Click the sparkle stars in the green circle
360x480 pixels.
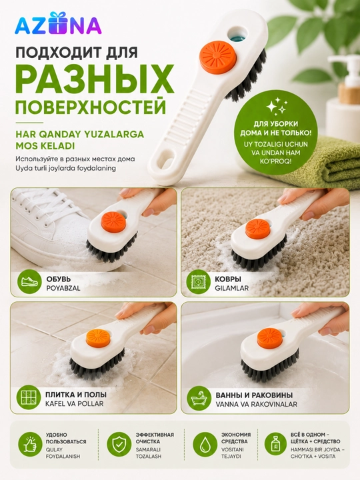click(x=276, y=106)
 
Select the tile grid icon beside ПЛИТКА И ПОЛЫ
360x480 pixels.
click(x=29, y=398)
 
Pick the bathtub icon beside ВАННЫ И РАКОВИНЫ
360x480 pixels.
click(x=199, y=398)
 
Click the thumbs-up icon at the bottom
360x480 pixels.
click(x=30, y=444)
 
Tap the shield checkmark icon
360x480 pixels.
click(x=119, y=444)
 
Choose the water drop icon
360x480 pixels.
click(x=205, y=444)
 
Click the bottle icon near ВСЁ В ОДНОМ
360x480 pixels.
click(x=275, y=444)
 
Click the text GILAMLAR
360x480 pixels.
click(x=232, y=288)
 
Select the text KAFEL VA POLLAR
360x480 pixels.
click(x=75, y=403)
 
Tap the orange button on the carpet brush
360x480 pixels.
click(x=257, y=229)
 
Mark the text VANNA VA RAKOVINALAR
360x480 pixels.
click(x=257, y=404)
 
